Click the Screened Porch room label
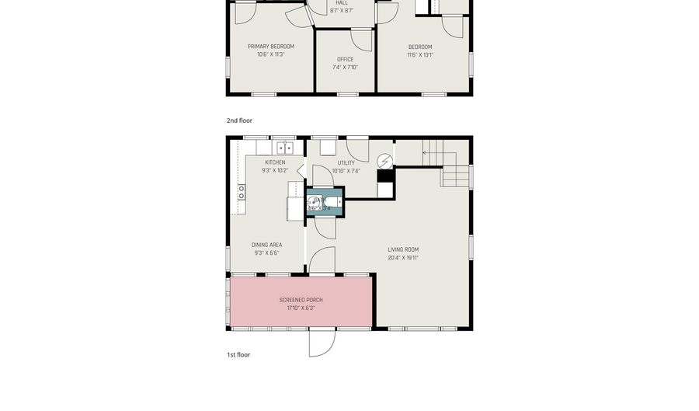[301, 300]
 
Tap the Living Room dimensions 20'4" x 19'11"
[403, 258]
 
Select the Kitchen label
[274, 162]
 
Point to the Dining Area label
[266, 245]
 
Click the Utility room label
[346, 163]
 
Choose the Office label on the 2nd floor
[345, 59]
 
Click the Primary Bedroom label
[270, 47]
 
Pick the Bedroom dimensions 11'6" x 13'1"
[420, 55]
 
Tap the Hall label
[342, 2]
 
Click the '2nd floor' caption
[239, 120]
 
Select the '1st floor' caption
[238, 354]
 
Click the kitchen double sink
[285, 148]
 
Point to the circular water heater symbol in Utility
[384, 161]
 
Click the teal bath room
[322, 201]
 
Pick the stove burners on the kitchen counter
[242, 192]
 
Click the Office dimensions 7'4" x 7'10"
[345, 68]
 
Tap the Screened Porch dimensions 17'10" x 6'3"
[301, 308]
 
